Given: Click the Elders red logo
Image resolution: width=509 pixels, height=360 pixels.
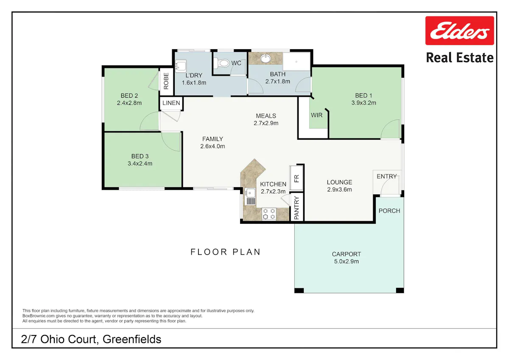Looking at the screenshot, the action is [459, 31].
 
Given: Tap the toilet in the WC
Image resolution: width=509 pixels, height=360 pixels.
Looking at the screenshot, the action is [221, 63].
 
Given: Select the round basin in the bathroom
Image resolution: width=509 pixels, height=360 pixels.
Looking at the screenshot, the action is [265, 59].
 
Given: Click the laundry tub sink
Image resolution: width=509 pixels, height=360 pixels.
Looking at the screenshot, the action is [181, 66].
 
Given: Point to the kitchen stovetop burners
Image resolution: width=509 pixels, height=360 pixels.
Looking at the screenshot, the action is [269, 214].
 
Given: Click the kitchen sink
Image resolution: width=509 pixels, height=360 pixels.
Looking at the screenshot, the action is [250, 197].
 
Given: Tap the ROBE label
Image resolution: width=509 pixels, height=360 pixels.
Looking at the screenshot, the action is [166, 81].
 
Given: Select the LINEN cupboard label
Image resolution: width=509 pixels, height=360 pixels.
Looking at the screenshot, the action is [171, 103].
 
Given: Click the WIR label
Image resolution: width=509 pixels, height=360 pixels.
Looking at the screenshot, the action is [316, 115].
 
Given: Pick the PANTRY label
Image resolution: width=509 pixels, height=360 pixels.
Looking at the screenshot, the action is [296, 208].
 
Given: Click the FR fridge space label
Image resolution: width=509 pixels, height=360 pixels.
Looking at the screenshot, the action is [296, 179].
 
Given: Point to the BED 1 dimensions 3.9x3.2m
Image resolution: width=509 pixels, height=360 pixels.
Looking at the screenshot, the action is [364, 103].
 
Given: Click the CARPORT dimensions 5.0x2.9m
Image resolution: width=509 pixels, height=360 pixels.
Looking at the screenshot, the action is [346, 262].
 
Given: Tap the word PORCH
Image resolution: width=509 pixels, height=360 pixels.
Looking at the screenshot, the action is [389, 211].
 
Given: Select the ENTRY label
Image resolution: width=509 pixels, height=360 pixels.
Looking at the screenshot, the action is [387, 176].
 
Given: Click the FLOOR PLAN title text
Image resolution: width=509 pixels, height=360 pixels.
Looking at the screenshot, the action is [225, 252].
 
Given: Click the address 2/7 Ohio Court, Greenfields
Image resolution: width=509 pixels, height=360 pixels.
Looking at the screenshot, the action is [91, 339].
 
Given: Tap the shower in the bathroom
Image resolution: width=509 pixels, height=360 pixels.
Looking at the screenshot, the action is [296, 62].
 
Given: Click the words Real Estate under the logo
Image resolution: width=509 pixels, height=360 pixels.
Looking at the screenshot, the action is [460, 58].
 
